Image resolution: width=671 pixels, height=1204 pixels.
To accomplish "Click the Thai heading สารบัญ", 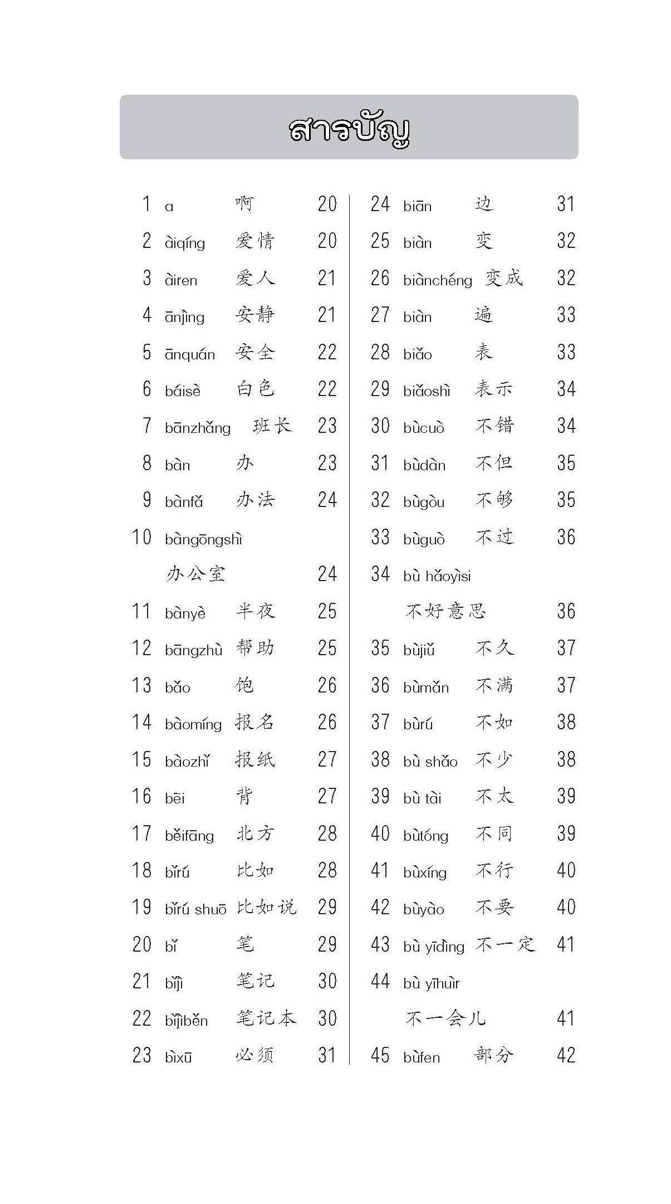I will click(x=349, y=129).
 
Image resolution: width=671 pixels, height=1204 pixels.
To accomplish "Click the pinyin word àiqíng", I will click(x=185, y=243).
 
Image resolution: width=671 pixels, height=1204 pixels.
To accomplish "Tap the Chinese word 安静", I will click(x=255, y=315).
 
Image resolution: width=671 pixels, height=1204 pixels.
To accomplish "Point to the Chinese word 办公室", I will click(x=195, y=574).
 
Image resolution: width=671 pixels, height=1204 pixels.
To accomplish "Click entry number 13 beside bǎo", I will click(x=141, y=685).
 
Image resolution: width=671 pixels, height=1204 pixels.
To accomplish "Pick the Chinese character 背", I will click(x=244, y=796).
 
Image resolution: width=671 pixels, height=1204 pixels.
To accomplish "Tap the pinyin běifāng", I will click(x=189, y=835).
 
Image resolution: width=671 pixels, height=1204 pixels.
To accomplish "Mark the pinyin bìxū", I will click(x=178, y=1057).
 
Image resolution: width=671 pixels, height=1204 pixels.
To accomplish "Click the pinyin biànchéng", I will click(x=438, y=280).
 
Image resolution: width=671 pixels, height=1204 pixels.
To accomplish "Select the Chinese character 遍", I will click(x=483, y=315).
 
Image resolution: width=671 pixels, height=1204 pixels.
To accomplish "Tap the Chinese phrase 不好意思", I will click(x=445, y=611).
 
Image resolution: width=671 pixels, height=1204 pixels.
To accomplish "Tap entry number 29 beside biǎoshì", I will click(x=380, y=389).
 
